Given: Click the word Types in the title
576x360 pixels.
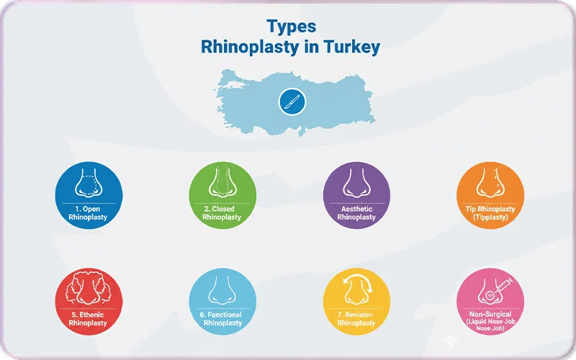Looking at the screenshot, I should point(291,27).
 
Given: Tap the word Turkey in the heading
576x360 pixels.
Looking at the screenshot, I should point(348,48).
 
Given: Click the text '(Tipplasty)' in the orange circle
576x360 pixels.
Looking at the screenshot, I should point(490,217).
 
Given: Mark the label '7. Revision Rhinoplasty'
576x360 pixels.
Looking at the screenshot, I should point(356,319).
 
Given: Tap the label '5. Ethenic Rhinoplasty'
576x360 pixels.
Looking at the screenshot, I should point(88,319).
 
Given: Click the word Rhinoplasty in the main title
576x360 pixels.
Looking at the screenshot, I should point(244,48).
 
